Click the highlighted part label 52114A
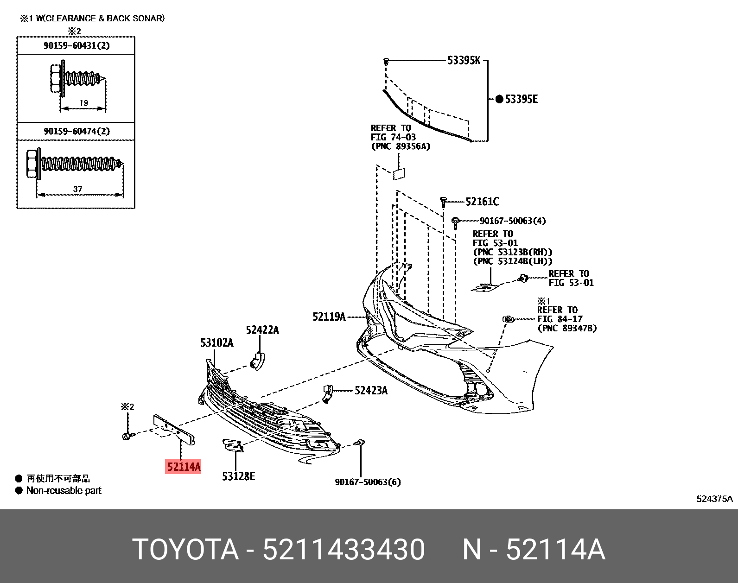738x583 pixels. [x=184, y=467]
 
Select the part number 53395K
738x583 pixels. [x=464, y=60]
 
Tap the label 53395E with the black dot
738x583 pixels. [x=521, y=99]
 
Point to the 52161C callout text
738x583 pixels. [x=482, y=202]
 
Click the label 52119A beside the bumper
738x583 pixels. [x=329, y=317]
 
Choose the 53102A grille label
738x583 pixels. [x=216, y=343]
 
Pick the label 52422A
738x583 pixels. [x=262, y=330]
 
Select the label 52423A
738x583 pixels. [x=371, y=391]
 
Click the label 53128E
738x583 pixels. [x=238, y=476]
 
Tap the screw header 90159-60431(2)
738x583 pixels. [x=76, y=45]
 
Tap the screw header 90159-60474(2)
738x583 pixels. [x=76, y=131]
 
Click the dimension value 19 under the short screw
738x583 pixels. [x=83, y=103]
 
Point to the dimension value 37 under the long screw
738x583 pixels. [x=77, y=189]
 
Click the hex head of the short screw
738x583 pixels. [x=54, y=77]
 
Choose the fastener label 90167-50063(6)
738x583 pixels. [x=368, y=482]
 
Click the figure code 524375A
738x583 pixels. [x=715, y=499]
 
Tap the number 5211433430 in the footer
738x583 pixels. [x=344, y=550]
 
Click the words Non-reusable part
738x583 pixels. [x=64, y=490]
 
